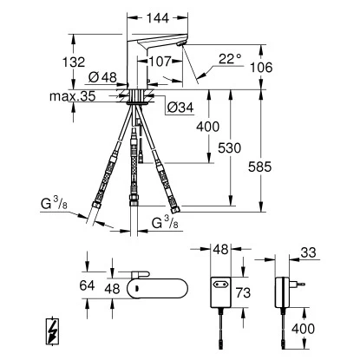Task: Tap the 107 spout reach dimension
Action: pyautogui.click(x=159, y=62)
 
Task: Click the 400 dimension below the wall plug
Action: pyautogui.click(x=302, y=328)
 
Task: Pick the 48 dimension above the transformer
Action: pyautogui.click(x=219, y=250)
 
